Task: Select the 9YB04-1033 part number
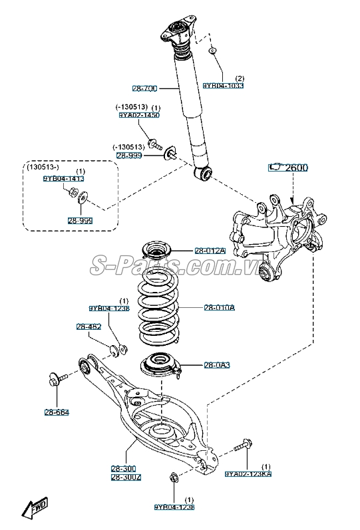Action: click(x=223, y=85)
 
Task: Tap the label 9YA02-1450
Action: click(x=139, y=115)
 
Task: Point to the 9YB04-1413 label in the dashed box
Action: click(x=64, y=178)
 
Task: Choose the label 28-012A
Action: click(x=210, y=250)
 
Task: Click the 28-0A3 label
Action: click(x=216, y=365)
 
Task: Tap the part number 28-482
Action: click(x=89, y=327)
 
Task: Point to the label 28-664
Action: click(x=57, y=412)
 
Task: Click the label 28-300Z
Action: click(x=125, y=477)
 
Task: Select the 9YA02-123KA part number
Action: click(x=248, y=473)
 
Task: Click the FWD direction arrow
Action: click(x=34, y=509)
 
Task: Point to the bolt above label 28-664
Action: click(x=58, y=380)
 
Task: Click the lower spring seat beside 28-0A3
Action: click(x=159, y=366)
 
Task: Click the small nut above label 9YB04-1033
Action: click(x=212, y=51)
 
